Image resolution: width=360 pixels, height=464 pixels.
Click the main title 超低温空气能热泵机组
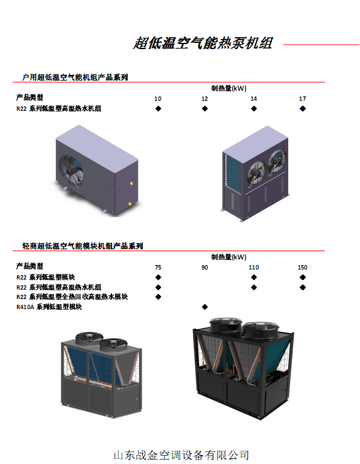203,43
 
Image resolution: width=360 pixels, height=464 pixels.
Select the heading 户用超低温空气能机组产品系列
75,77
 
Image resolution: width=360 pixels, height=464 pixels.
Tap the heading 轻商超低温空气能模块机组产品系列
83,246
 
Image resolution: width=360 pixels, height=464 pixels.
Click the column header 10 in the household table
158,99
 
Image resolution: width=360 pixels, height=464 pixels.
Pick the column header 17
302,99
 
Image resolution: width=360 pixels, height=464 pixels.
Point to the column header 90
205,267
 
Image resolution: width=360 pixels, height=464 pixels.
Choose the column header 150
302,267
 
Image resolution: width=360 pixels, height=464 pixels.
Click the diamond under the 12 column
205,108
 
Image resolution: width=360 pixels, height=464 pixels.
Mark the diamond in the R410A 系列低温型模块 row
205,307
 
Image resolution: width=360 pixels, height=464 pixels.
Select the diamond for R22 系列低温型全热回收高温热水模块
158,297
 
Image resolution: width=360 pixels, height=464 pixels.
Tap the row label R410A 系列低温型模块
49,307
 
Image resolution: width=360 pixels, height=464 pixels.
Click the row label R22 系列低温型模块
45,277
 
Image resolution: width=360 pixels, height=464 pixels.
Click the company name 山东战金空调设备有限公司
181,455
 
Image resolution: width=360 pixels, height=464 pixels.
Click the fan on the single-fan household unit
71,170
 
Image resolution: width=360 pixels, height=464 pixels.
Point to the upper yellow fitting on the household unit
132,184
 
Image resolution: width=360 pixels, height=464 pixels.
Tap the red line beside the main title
321,45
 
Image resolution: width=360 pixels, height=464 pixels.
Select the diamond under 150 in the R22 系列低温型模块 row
303,277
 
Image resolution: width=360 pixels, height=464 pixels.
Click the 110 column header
254,267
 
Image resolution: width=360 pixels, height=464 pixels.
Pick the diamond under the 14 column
254,108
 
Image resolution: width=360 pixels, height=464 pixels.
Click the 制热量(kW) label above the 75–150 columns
228,257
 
